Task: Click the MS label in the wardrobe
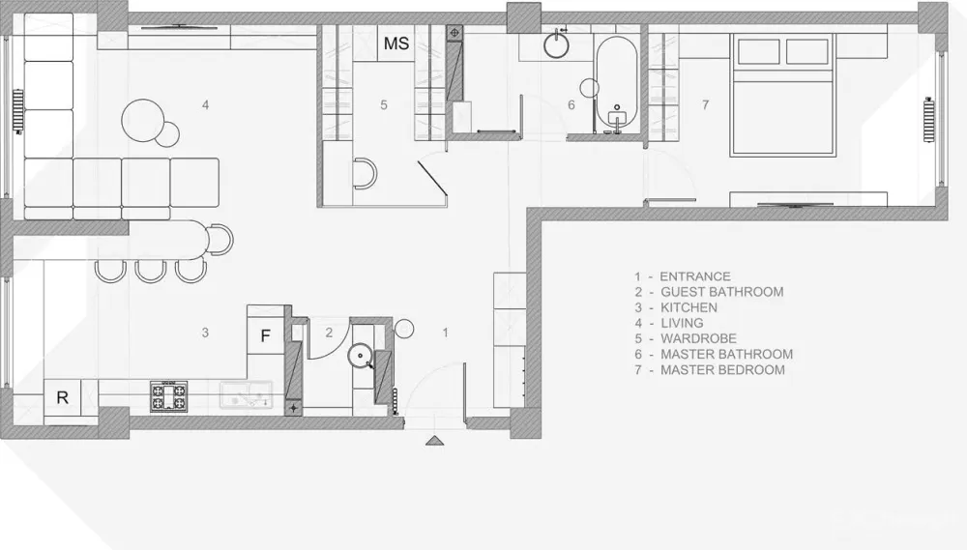pyautogui.click(x=396, y=43)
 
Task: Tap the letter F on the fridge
pyautogui.click(x=266, y=336)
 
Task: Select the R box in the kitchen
pyautogui.click(x=62, y=397)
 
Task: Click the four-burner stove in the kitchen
pyautogui.click(x=168, y=396)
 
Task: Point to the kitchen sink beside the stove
pyautogui.click(x=246, y=394)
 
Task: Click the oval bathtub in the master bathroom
pyautogui.click(x=616, y=85)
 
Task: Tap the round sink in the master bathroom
pyautogui.click(x=559, y=44)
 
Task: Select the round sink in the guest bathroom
pyautogui.click(x=361, y=356)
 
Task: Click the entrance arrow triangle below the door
pyautogui.click(x=435, y=440)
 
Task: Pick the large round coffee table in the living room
pyautogui.click(x=143, y=120)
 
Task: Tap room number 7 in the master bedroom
pyautogui.click(x=706, y=105)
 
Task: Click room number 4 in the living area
pyautogui.click(x=205, y=105)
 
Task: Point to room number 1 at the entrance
pyautogui.click(x=445, y=333)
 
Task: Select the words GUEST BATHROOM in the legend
pyautogui.click(x=722, y=292)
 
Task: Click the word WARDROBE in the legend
pyautogui.click(x=699, y=338)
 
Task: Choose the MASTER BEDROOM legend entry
pyautogui.click(x=710, y=370)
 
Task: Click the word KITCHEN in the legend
pyautogui.click(x=689, y=307)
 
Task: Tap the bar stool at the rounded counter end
pyautogui.click(x=220, y=240)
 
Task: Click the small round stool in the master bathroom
pyautogui.click(x=590, y=88)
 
